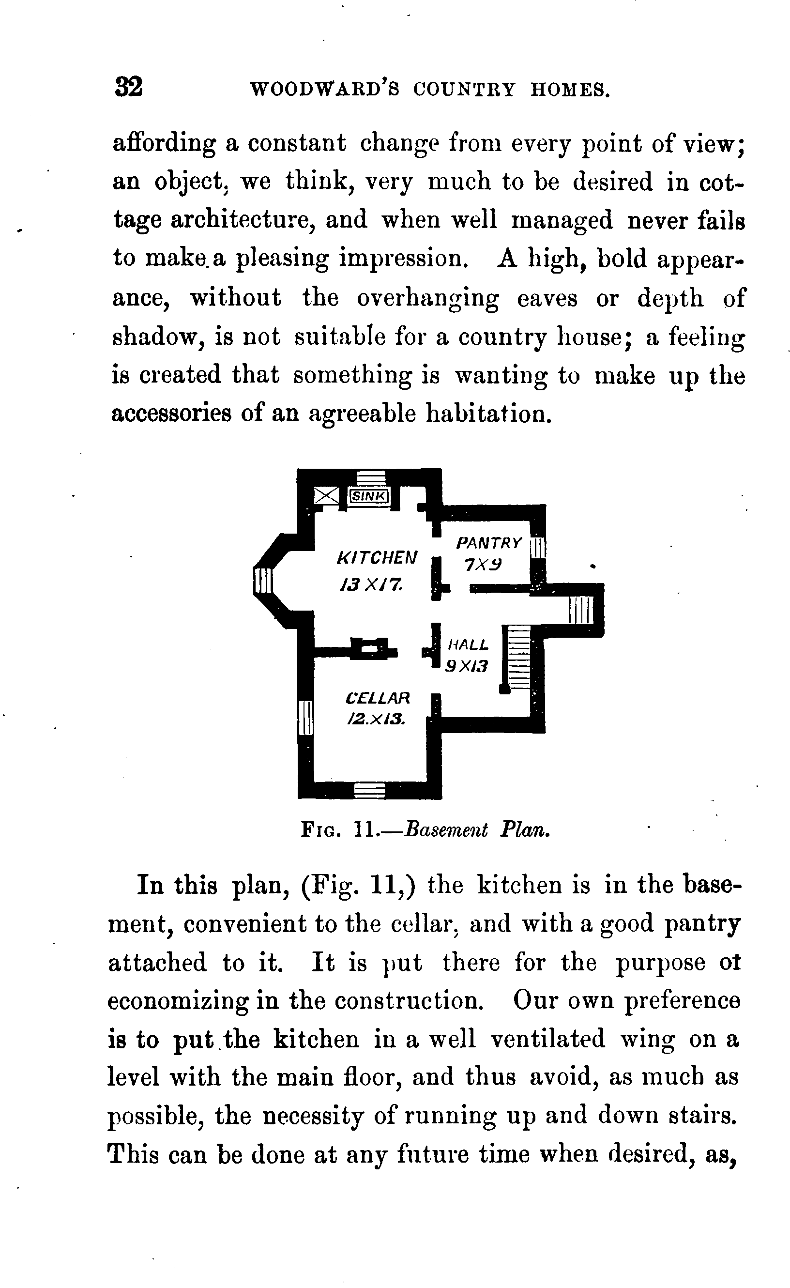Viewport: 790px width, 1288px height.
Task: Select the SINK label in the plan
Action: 369,495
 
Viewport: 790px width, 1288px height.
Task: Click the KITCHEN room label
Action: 377,558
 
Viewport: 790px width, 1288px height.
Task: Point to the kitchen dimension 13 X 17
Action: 371,584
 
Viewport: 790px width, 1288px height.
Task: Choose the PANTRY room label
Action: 488,543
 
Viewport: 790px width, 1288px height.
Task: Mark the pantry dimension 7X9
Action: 483,565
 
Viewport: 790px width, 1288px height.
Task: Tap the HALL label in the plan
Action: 469,644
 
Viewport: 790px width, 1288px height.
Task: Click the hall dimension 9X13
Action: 467,666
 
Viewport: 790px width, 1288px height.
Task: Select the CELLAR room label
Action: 378,698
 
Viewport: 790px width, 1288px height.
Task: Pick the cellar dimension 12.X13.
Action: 376,720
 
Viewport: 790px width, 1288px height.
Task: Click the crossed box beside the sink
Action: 327,495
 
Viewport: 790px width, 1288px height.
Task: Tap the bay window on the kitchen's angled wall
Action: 263,581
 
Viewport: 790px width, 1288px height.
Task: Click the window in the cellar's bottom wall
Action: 370,790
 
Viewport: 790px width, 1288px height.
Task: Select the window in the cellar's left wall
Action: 305,718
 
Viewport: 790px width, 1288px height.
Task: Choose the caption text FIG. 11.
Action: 337,829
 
